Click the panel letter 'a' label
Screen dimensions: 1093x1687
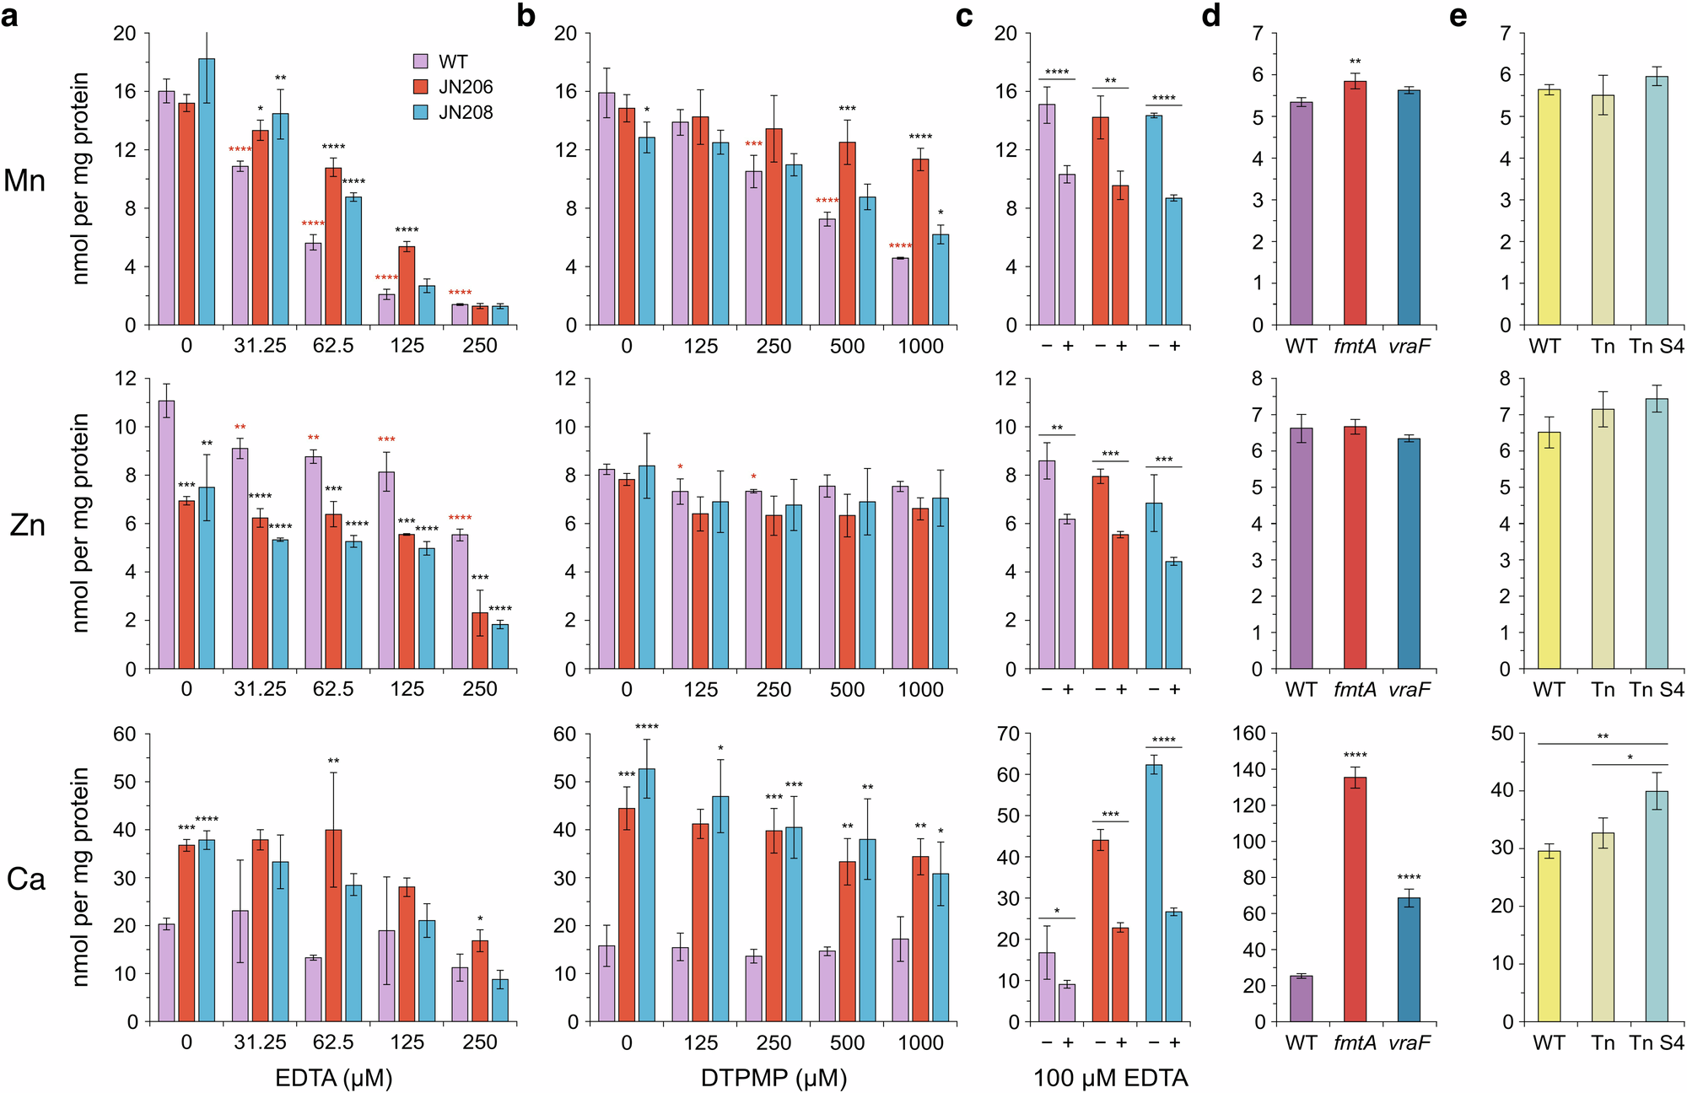point(10,15)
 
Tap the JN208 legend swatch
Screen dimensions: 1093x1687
point(421,112)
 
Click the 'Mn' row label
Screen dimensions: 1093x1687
point(24,180)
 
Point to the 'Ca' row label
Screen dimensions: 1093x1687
point(25,880)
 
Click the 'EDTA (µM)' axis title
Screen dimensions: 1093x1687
point(334,1078)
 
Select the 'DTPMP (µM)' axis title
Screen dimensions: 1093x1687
point(773,1078)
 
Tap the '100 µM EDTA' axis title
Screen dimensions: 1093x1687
point(1110,1078)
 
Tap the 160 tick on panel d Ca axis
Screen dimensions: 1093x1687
point(1248,734)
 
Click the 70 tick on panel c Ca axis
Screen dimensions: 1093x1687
point(1008,734)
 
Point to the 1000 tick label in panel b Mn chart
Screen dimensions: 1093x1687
point(920,346)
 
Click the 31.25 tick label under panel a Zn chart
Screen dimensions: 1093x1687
point(260,689)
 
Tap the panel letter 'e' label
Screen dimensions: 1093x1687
point(1458,15)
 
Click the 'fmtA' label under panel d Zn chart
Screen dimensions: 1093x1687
point(1355,690)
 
